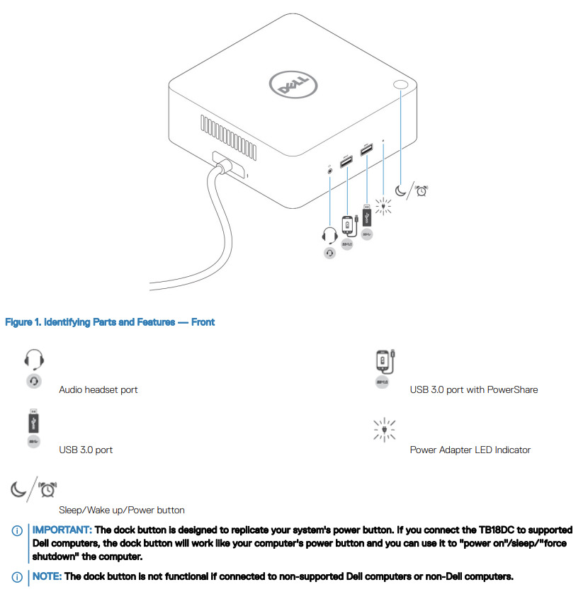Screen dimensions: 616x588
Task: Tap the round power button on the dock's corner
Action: point(400,85)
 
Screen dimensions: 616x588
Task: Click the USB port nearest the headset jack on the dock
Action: point(346,163)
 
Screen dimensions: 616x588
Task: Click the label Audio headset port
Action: point(98,390)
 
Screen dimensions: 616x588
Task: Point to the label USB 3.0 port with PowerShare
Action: point(473,390)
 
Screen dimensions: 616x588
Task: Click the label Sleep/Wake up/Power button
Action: point(122,511)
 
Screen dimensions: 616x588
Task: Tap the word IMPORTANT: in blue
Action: point(62,530)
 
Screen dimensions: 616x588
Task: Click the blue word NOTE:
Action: point(47,576)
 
